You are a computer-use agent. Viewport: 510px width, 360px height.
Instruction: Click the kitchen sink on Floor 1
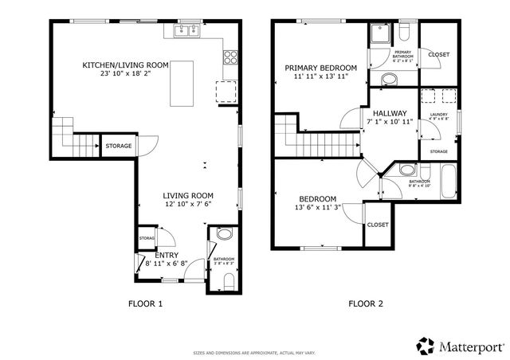(x=185, y=32)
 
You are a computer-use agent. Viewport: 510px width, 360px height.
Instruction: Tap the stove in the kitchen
(x=230, y=57)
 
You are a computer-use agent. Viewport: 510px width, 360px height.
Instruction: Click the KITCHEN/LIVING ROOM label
(x=126, y=65)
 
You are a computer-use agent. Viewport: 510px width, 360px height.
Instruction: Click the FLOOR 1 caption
(x=145, y=303)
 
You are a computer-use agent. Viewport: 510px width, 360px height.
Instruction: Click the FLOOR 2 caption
(x=366, y=303)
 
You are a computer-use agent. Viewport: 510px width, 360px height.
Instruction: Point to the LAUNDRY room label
(x=438, y=115)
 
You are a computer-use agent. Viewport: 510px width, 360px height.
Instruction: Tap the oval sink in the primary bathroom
(x=390, y=79)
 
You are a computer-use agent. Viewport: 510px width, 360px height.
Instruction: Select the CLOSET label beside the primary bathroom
(x=438, y=54)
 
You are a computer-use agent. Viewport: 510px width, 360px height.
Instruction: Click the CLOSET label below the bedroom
(x=378, y=225)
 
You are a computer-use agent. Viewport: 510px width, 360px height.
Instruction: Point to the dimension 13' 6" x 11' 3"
(x=317, y=209)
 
